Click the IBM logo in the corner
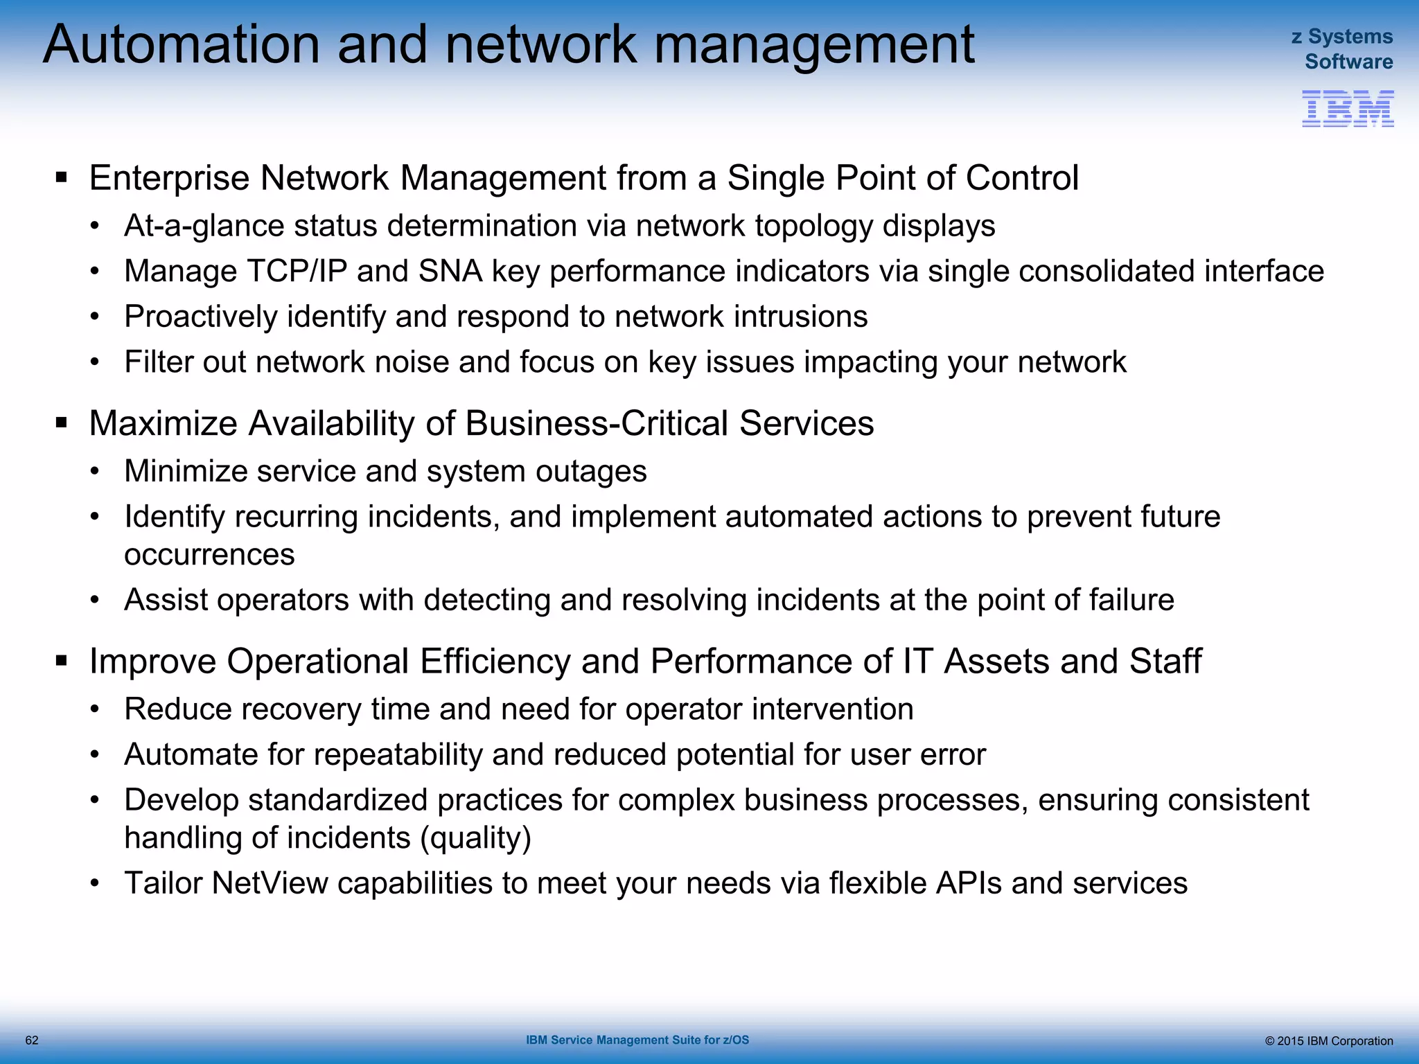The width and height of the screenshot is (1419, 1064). coord(1348,109)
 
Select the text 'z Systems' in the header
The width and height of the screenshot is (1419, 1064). coord(1341,36)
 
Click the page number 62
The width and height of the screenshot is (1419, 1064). coord(32,1040)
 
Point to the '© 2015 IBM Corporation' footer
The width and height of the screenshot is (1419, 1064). coord(1328,1041)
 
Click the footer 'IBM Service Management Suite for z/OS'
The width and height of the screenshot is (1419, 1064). coord(637,1040)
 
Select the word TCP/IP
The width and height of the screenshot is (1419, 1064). coord(292,272)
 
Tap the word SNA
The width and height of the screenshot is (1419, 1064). coord(450,272)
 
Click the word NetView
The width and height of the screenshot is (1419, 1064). coord(270,883)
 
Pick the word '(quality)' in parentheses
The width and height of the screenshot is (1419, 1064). coord(475,838)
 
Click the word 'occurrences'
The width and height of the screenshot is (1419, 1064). coord(209,555)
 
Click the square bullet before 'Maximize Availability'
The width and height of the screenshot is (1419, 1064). coord(62,423)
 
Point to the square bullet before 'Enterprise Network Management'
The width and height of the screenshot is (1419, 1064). coord(62,177)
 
